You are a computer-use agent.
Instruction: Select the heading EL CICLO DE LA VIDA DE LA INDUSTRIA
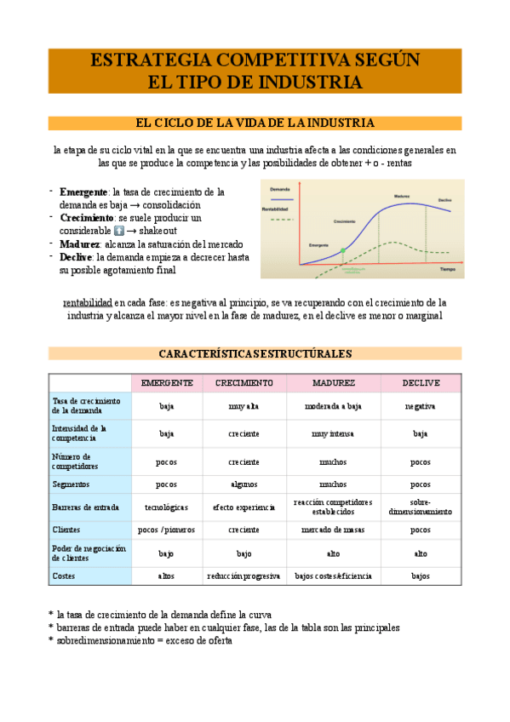pos(255,123)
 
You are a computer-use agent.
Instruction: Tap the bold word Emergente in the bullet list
pos(83,192)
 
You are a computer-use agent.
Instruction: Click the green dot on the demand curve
pos(343,250)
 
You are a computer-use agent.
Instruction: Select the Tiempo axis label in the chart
pos(448,268)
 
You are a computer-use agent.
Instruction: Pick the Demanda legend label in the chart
pos(280,188)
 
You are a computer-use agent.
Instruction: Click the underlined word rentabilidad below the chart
pos(88,302)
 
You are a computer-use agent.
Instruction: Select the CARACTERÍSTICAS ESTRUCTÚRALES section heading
pos(255,353)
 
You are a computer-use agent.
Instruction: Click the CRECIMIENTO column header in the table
pos(244,383)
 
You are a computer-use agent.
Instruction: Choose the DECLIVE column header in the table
pos(420,383)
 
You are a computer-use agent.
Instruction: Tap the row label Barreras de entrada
pos(84,507)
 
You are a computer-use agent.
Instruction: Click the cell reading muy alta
pos(244,406)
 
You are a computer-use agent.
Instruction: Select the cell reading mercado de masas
pos(333,529)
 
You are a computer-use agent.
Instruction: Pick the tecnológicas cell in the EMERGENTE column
pos(166,507)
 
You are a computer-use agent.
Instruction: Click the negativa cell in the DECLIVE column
pos(420,406)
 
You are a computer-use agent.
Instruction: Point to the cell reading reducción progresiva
pos(244,576)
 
